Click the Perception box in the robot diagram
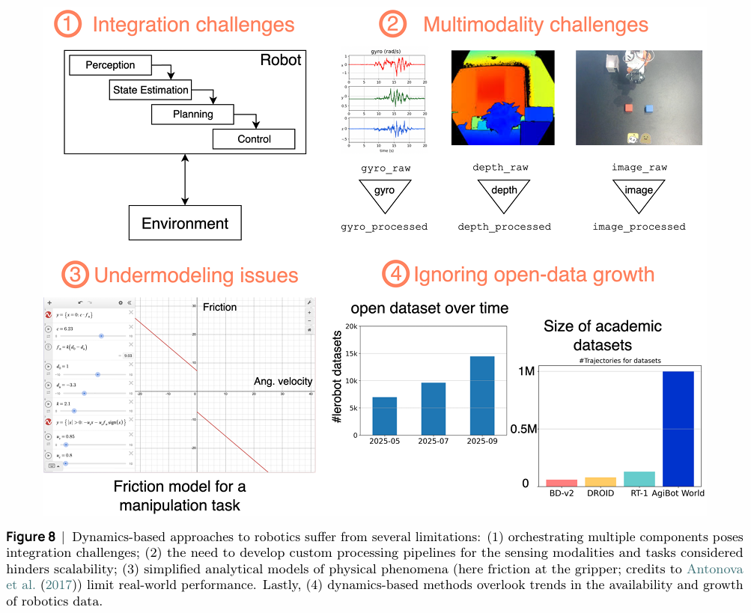[x=110, y=65]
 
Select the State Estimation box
[x=150, y=90]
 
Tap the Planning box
[x=192, y=115]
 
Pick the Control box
[x=254, y=139]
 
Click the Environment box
[x=185, y=223]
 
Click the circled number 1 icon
[x=68, y=24]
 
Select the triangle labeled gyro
[x=384, y=192]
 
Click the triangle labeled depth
[x=504, y=192]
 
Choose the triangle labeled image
[x=639, y=192]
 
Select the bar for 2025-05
[x=384, y=415]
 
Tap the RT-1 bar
[x=639, y=479]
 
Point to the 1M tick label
[x=526, y=372]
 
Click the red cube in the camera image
[x=629, y=109]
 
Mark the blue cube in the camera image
[x=649, y=109]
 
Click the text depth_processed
[x=504, y=227]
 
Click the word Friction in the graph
[x=219, y=307]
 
